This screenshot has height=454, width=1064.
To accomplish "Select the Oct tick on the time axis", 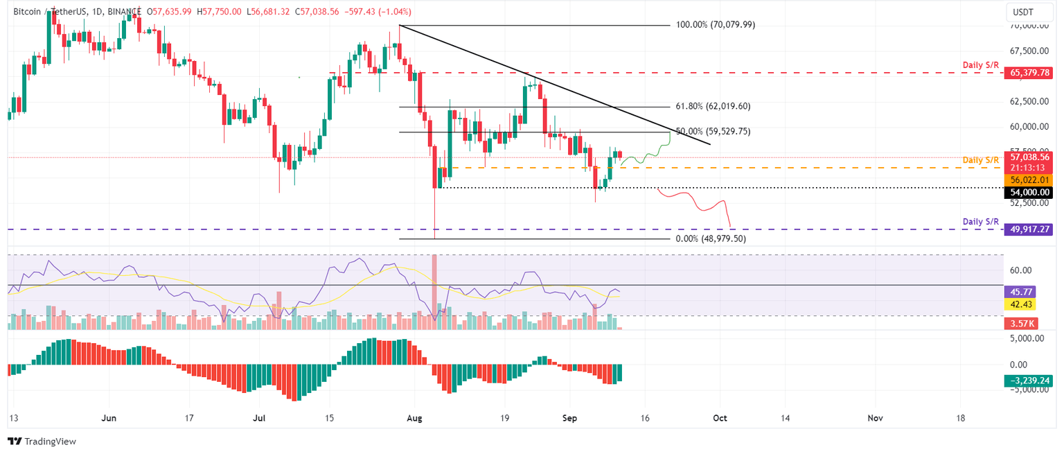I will [720, 418].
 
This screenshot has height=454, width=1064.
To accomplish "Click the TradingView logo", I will [42, 441].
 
